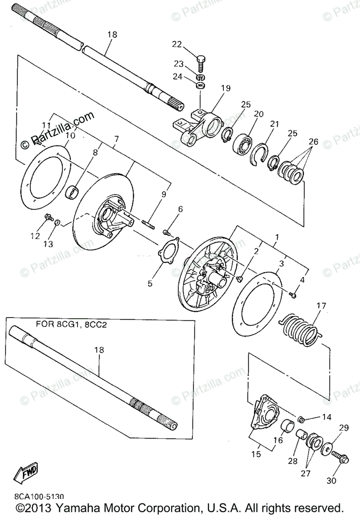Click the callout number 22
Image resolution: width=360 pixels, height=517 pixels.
[x=177, y=44]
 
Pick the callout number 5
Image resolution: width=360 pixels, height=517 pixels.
[x=150, y=283]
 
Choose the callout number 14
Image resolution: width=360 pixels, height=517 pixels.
[x=326, y=417]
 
